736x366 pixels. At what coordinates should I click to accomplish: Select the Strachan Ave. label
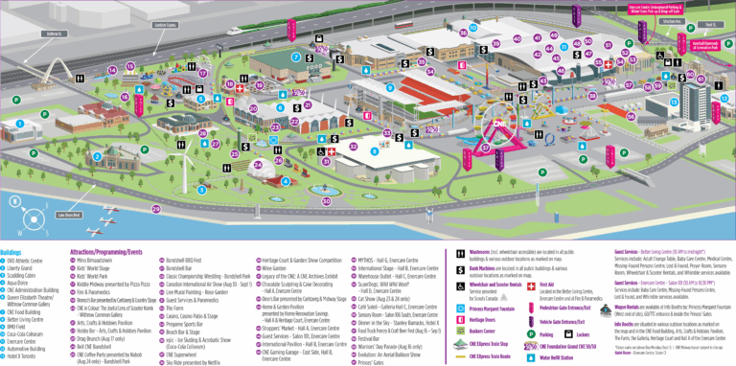pyautogui.click(x=670, y=21)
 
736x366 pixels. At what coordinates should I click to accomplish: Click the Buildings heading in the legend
pyautogui.click(x=12, y=226)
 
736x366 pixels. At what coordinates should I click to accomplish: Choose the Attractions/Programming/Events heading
pyautogui.click(x=106, y=226)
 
